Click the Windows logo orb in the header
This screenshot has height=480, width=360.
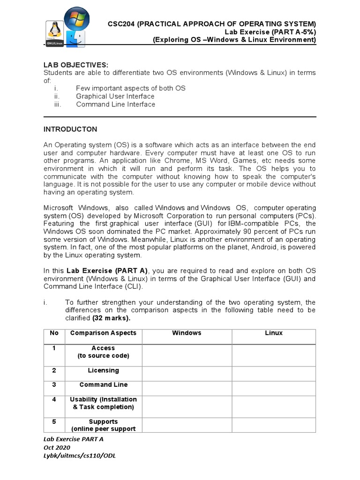(77, 19)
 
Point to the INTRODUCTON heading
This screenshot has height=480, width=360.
(70, 129)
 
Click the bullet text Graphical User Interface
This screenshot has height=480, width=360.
(115, 96)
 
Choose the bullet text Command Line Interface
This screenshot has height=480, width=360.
(115, 104)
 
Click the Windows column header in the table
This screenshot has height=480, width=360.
(187, 333)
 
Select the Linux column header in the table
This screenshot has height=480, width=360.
(274, 333)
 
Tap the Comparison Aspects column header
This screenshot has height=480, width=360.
(103, 333)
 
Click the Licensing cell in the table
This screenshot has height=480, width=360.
(103, 370)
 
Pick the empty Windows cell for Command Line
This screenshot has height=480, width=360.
(187, 388)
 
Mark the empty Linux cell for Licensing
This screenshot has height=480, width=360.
(274, 373)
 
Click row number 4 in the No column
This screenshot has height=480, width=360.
(54, 399)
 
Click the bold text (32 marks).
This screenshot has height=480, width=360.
(112, 318)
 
